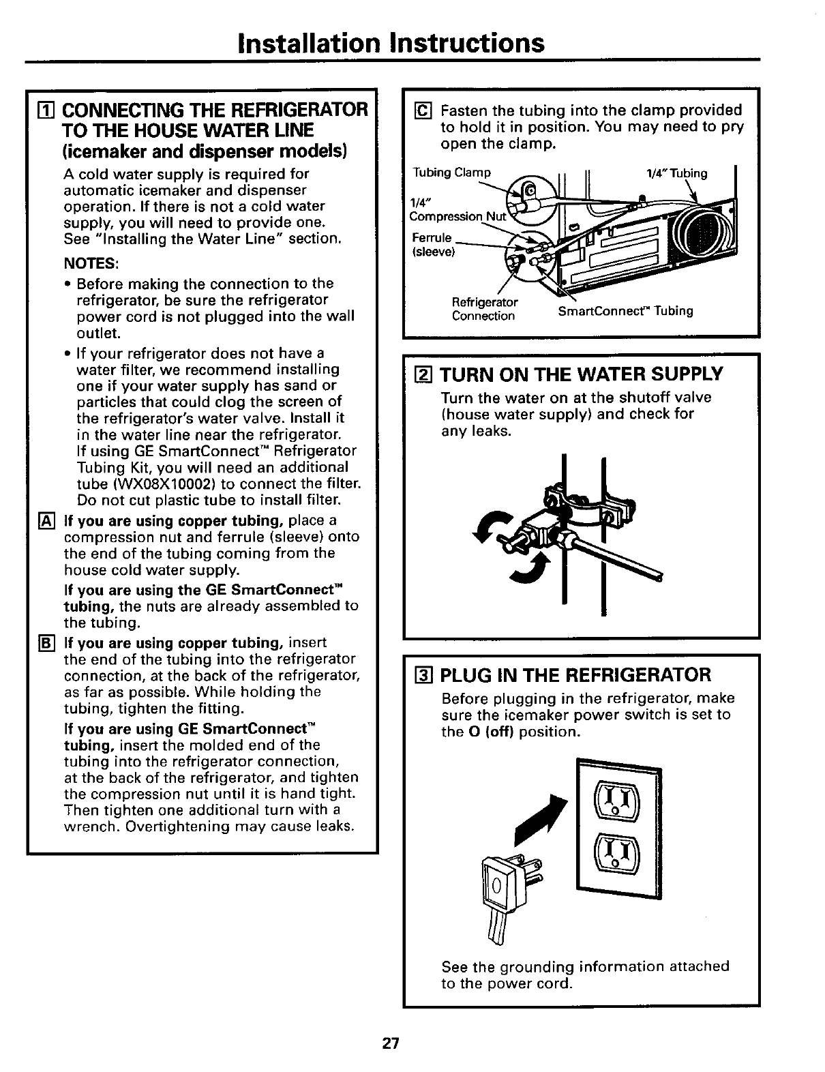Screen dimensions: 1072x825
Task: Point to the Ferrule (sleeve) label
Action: pyautogui.click(x=432, y=243)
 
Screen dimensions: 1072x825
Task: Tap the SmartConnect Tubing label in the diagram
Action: pyautogui.click(x=625, y=311)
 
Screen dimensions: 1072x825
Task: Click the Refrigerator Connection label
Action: pyautogui.click(x=484, y=309)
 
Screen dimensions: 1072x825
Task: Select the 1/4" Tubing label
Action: pyautogui.click(x=676, y=173)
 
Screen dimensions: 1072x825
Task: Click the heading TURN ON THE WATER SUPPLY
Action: pyautogui.click(x=582, y=374)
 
